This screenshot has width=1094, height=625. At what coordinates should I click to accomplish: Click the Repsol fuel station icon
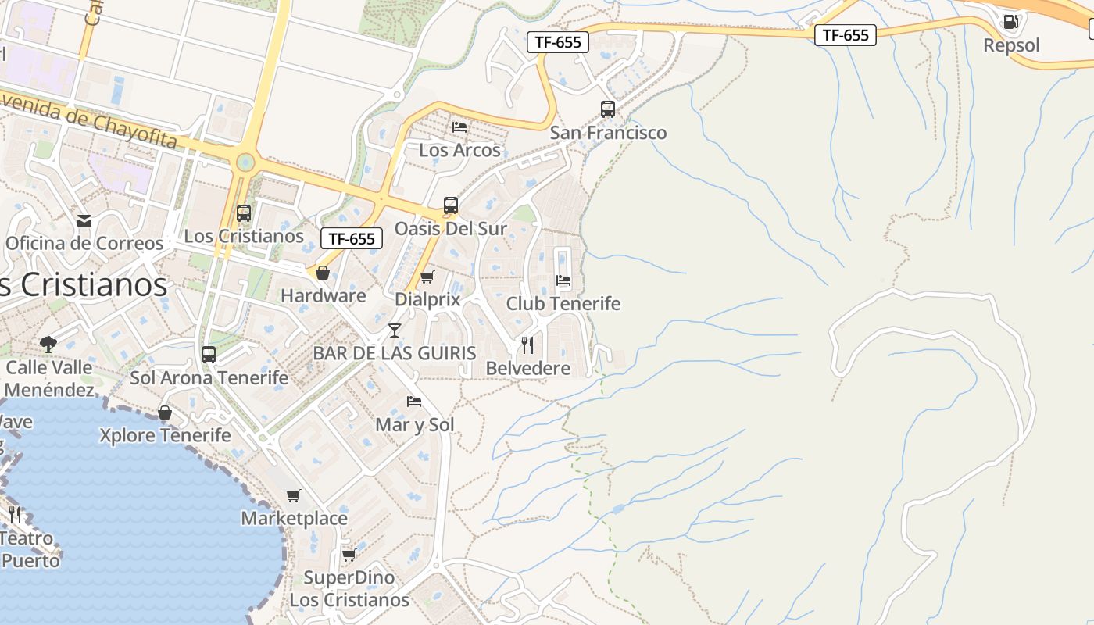[1010, 22]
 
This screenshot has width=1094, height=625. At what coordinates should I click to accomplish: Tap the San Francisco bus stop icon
[608, 109]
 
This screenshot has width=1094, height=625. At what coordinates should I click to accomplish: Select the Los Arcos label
[459, 150]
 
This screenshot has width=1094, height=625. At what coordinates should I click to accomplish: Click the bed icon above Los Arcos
[459, 127]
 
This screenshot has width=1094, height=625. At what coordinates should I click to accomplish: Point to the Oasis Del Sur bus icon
[451, 205]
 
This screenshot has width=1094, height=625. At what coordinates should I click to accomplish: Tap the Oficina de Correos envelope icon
[84, 221]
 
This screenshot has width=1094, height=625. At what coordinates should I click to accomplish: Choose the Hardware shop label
[324, 296]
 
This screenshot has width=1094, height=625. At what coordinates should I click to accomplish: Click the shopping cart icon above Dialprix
[427, 277]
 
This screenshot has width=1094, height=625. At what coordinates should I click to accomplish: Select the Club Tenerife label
[563, 304]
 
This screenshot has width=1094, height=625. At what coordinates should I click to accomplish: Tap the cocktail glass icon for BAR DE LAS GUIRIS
[395, 330]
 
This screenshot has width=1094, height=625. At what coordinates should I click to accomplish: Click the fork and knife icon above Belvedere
[527, 345]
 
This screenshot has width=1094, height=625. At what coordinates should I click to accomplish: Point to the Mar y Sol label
[415, 425]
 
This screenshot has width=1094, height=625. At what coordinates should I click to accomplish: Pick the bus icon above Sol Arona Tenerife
[209, 355]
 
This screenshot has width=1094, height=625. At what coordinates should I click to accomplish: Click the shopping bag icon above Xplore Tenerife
[165, 412]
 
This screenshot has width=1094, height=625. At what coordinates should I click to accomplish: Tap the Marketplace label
[294, 518]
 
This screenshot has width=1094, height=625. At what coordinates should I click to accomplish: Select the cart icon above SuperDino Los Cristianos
[349, 555]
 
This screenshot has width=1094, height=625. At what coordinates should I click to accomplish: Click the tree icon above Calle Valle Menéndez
[48, 344]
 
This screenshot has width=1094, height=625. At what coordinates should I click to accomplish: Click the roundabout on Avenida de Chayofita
[245, 162]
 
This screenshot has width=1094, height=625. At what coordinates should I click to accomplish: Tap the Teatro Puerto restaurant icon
[16, 515]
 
